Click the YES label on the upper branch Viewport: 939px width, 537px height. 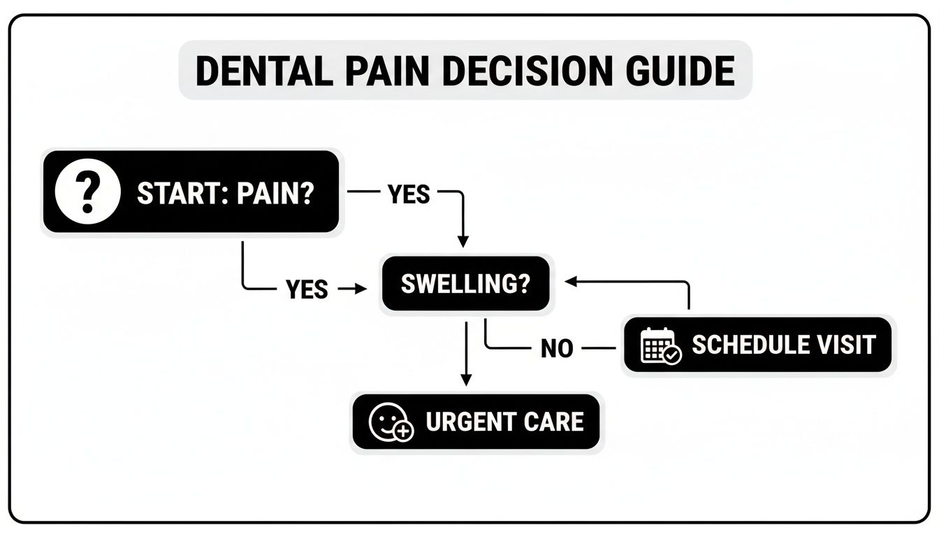[409, 194]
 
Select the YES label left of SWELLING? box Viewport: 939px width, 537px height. [307, 288]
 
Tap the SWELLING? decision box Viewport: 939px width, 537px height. [465, 284]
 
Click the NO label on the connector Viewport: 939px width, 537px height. [557, 348]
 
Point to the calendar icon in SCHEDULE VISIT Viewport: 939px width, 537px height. [660, 345]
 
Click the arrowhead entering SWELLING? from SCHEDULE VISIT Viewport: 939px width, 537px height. [570, 281]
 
